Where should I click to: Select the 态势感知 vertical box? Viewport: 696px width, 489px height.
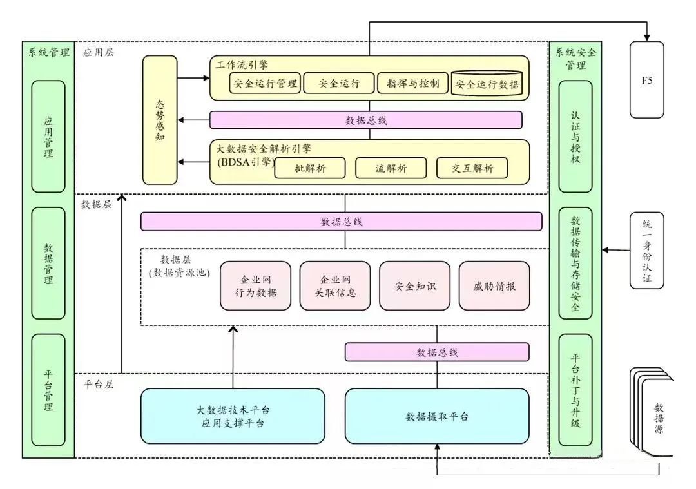160,120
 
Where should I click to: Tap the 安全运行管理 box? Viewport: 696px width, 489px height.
265,84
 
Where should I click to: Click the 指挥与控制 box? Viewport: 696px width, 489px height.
412,84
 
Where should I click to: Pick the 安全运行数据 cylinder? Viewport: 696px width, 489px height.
487,84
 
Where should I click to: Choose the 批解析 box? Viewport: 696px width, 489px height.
310,168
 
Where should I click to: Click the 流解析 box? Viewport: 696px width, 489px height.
391,168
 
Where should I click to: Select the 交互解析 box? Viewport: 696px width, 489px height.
472,168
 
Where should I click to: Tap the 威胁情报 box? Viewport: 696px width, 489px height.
494,285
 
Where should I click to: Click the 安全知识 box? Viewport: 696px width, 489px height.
415,285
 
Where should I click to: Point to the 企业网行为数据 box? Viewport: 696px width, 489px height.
255,285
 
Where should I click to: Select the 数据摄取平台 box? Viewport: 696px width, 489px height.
437,416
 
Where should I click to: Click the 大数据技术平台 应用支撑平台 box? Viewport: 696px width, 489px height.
233,416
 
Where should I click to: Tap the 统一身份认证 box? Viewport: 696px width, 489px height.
646,251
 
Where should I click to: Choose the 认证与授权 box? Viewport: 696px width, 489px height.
575,136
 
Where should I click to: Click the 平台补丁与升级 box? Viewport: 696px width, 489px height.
575,390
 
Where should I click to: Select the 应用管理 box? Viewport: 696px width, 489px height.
48,136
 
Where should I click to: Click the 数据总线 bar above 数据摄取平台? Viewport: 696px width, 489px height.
437,352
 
